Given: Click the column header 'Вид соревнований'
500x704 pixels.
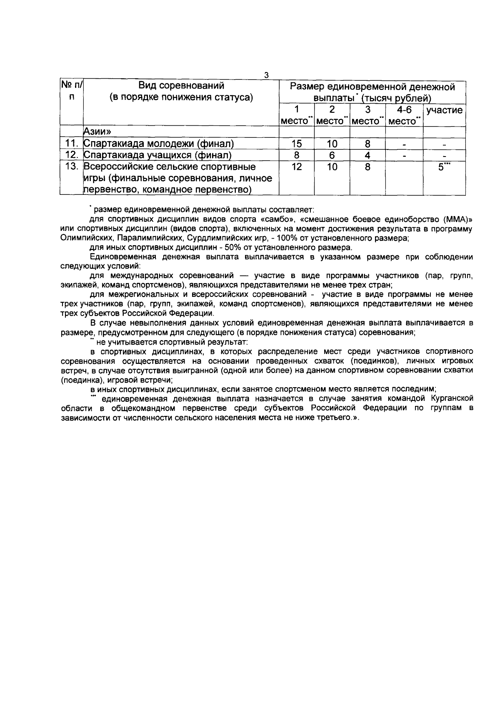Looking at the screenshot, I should coord(181,86).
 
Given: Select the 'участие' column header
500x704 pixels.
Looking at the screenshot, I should coord(444,110).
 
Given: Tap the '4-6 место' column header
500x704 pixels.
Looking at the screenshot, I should coord(404,115).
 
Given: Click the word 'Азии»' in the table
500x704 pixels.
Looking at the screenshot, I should coord(97,132).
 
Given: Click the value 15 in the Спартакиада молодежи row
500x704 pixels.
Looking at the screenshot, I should coord(296,144).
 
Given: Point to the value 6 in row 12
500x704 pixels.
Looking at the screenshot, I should coord(332,155).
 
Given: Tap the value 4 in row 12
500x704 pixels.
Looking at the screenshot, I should coord(367,155).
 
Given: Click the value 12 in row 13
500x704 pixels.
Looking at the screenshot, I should coord(296,167).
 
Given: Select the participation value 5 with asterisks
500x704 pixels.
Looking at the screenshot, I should coord(443,167).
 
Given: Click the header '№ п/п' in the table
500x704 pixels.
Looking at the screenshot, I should coord(72,92).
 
